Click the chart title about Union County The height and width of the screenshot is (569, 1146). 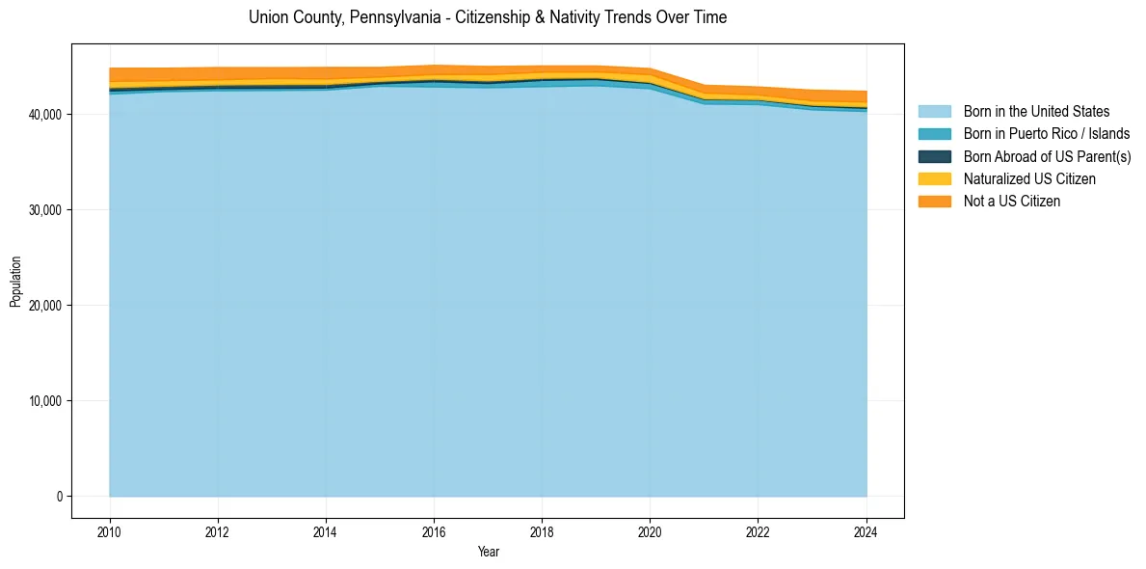(488, 17)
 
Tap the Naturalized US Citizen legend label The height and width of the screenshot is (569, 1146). (1029, 178)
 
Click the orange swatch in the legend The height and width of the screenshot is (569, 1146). (934, 201)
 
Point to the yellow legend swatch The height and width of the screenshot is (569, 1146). (934, 178)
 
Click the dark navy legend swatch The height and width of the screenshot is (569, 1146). (934, 156)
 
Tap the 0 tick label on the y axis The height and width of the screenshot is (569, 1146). (58, 497)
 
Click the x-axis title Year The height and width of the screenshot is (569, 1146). (488, 552)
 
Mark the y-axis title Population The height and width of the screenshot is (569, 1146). (15, 282)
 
